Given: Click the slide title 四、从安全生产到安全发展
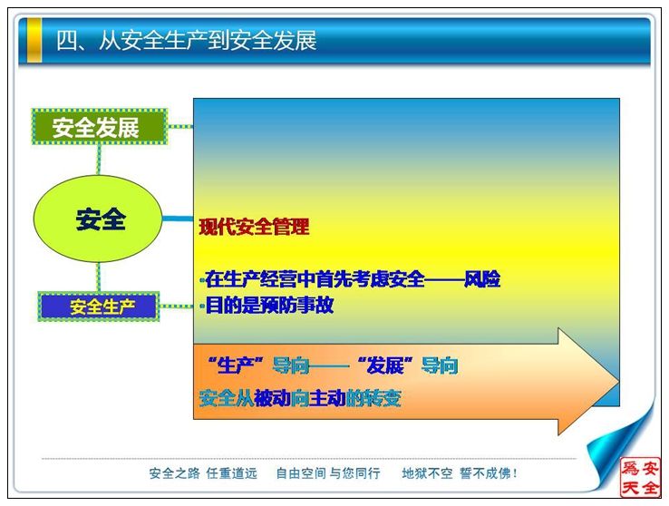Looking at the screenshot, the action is (187, 41).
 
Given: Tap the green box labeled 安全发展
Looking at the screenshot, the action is (100, 127).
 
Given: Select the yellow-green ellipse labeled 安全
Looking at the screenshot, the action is (98, 219).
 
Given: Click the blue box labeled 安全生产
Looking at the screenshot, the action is (99, 307).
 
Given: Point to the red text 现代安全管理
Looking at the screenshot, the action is (254, 227).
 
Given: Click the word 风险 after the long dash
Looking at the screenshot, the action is (482, 279).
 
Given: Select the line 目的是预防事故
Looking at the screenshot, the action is (269, 306).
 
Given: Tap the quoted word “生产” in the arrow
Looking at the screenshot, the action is (237, 365).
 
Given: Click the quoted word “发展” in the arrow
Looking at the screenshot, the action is (385, 365).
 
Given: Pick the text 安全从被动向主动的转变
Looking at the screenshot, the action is (300, 398).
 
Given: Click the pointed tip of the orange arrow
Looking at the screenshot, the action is (618, 381).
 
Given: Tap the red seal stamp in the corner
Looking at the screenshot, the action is (640, 477).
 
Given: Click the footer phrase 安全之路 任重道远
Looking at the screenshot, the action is (203, 473).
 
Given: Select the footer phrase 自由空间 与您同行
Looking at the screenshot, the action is (328, 473).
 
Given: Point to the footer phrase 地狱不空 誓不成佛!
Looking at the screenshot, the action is (460, 473).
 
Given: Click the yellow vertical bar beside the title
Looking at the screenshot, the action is (34, 41).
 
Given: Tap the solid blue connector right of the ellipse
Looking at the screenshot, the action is (178, 219).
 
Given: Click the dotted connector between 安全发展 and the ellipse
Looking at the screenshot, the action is (99, 160).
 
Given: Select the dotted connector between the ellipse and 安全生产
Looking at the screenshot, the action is (99, 277).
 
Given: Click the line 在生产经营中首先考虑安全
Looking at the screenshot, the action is (315, 279).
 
